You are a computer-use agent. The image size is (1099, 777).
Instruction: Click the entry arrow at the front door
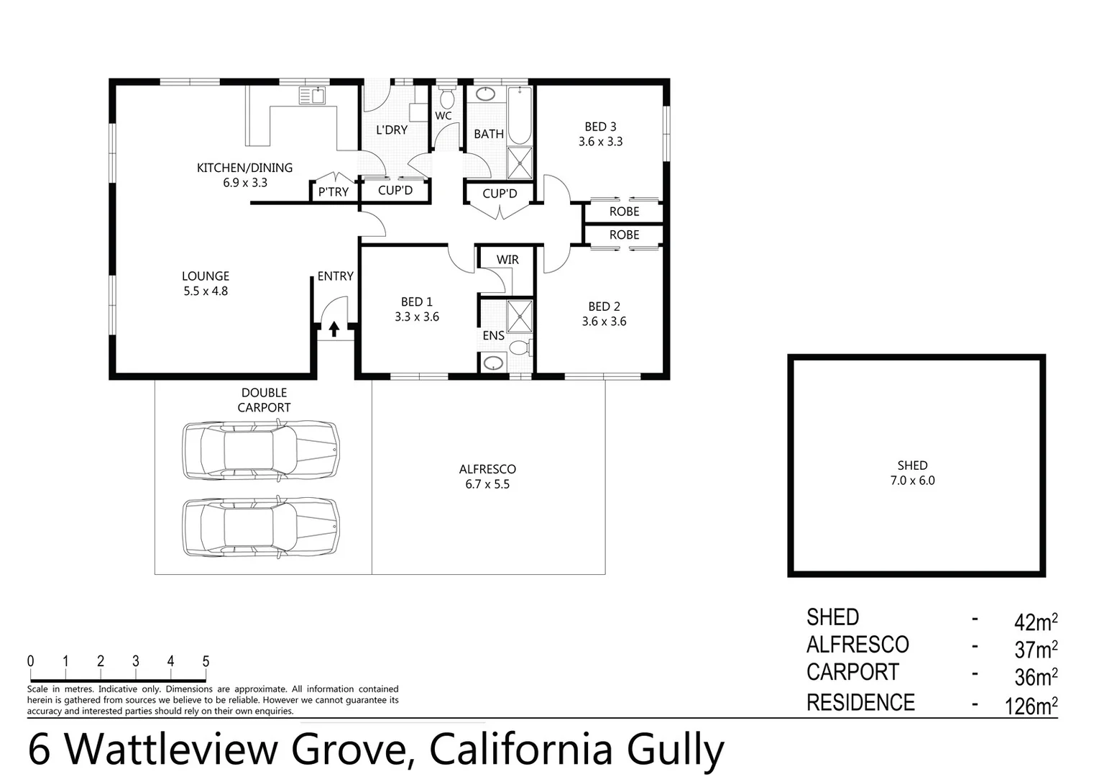pyautogui.click(x=334, y=329)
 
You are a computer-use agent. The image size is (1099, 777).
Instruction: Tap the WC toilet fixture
pyautogui.click(x=446, y=99)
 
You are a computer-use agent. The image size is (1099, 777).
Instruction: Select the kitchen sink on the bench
pyautogui.click(x=313, y=96)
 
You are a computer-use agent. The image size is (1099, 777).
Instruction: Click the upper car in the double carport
pyautogui.click(x=260, y=450)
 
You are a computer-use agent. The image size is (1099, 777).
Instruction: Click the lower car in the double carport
pyautogui.click(x=260, y=527)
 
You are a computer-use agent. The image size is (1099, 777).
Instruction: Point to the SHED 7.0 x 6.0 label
pyautogui.click(x=912, y=473)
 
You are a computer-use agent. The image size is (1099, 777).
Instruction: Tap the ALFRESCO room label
pyautogui.click(x=487, y=469)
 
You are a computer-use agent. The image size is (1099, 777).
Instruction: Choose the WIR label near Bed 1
pyautogui.click(x=507, y=260)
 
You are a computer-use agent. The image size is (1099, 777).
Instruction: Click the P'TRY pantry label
pyautogui.click(x=334, y=192)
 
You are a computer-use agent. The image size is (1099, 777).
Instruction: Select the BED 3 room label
pyautogui.click(x=600, y=127)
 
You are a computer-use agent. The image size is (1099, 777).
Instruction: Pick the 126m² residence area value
pyautogui.click(x=1031, y=705)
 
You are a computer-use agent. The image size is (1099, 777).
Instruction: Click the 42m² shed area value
pyautogui.click(x=1035, y=621)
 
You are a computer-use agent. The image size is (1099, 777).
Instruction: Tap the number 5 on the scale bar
pyautogui.click(x=206, y=661)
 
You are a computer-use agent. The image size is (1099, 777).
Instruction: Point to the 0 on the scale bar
pyautogui.click(x=30, y=661)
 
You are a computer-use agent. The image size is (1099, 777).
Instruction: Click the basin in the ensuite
pyautogui.click(x=493, y=362)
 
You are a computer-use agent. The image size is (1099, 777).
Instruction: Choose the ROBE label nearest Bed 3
pyautogui.click(x=624, y=212)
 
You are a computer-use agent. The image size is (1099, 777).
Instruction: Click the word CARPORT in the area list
pyautogui.click(x=852, y=672)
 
